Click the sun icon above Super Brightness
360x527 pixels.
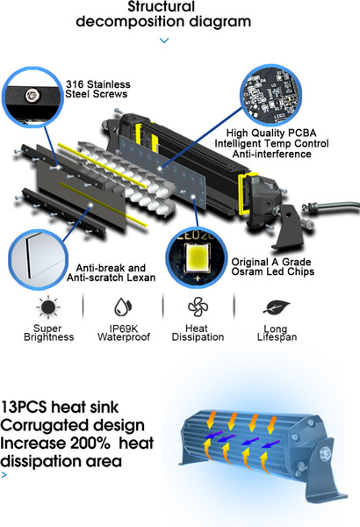pos(49,307)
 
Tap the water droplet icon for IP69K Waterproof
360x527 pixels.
pos(123,307)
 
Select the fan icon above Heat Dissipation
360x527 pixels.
pos(198,307)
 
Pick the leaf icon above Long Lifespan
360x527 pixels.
pos(277,307)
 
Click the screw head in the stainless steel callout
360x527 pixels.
pos(32,95)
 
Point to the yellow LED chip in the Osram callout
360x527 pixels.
pos(197,258)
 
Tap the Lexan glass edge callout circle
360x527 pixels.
pos(38,258)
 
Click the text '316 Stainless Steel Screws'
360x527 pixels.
pos(97,89)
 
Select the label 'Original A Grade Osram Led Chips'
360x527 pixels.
pos(272,266)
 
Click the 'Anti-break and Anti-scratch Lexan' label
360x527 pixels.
pos(111,272)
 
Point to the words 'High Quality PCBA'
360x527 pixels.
pos(271,134)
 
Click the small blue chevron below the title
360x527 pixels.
pos(164,40)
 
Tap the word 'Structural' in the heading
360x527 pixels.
pos(162,6)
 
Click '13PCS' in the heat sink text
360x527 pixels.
pos(24,408)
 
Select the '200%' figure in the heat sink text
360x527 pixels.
pos(90,443)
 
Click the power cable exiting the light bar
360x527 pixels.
pos(332,206)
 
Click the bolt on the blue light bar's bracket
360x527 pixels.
pos(325,453)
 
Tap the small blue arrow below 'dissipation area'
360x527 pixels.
pos(4,475)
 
